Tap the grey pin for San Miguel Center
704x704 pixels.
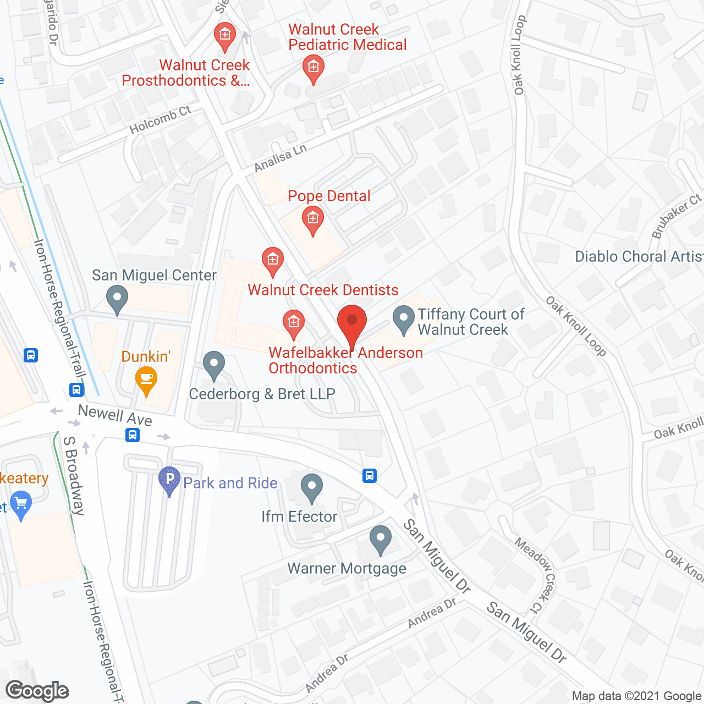[x=117, y=300]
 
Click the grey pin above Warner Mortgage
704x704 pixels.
[x=380, y=540]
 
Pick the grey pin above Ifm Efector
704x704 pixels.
[x=312, y=488]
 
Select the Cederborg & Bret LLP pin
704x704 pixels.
[x=214, y=366]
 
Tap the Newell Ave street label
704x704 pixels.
[x=115, y=415]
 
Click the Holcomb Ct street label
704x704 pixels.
[x=160, y=119]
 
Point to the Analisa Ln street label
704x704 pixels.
[x=280, y=158]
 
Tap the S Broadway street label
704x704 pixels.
[x=74, y=475]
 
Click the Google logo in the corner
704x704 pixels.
[x=37, y=691]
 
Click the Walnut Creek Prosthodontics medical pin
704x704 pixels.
[x=224, y=36]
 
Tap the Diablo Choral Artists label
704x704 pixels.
[x=639, y=257]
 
